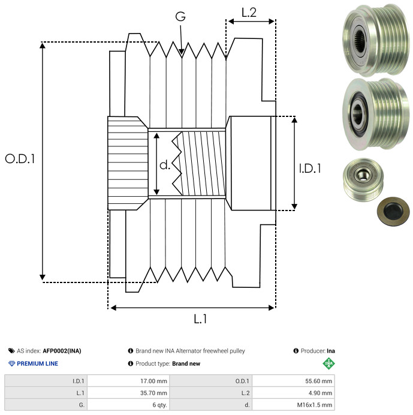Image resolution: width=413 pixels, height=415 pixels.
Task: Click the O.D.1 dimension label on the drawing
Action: tap(20, 159)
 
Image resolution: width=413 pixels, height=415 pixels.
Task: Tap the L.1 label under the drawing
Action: tap(200, 320)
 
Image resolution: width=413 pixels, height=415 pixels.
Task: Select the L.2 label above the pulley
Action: tap(249, 13)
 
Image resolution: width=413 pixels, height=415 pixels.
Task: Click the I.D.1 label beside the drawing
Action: tap(310, 169)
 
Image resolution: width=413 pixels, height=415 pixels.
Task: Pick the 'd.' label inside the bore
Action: tap(165, 165)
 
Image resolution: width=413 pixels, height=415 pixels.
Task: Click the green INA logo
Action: tap(328, 363)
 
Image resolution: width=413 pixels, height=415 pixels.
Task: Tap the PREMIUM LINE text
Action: tap(37, 363)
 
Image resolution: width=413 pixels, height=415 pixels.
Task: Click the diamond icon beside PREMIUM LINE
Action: tap(11, 363)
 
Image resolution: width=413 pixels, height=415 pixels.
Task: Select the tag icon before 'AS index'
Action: tap(11, 351)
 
